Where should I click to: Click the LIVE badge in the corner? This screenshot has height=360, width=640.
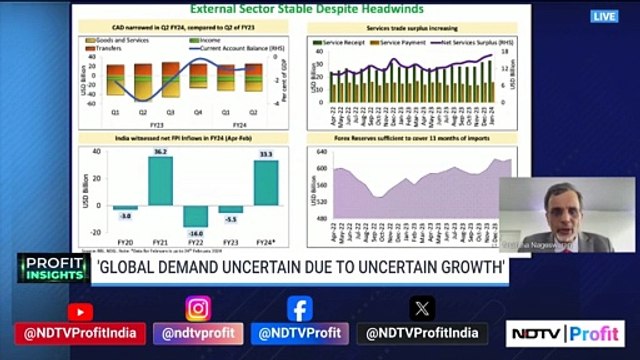click(604, 16)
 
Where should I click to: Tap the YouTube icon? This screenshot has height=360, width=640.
click(79, 311)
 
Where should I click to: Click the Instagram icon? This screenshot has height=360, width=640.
click(198, 309)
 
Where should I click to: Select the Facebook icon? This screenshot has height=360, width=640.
click(299, 309)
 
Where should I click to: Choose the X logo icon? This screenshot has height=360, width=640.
click(422, 309)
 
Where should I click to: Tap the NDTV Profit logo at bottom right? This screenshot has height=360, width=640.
click(565, 333)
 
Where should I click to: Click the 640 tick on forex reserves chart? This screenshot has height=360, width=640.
click(320, 151)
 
